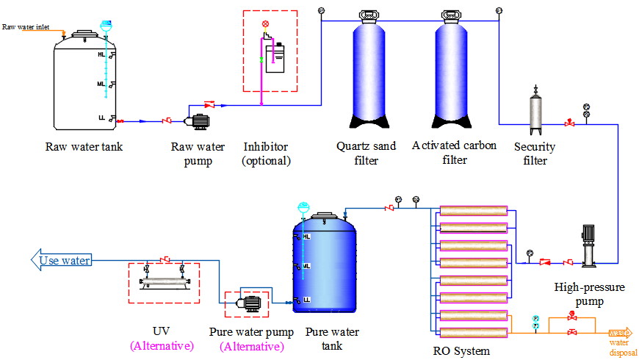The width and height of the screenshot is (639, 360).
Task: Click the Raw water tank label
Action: [84, 146]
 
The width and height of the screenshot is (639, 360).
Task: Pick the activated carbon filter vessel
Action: [456, 74]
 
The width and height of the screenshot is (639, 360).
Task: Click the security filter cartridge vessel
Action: [536, 110]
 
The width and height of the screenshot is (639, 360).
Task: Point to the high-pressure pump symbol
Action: [590, 245]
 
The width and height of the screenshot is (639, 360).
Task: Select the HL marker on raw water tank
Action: [101, 54]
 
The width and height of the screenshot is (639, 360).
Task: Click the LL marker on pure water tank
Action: [306, 300]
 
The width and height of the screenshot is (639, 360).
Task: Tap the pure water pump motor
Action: [249, 302]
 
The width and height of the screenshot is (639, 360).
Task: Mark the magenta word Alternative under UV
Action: [162, 345]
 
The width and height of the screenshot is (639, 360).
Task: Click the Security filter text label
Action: [535, 153]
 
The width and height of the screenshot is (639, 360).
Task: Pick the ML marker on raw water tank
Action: [101, 84]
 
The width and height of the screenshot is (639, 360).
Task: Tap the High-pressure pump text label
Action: [590, 294]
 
